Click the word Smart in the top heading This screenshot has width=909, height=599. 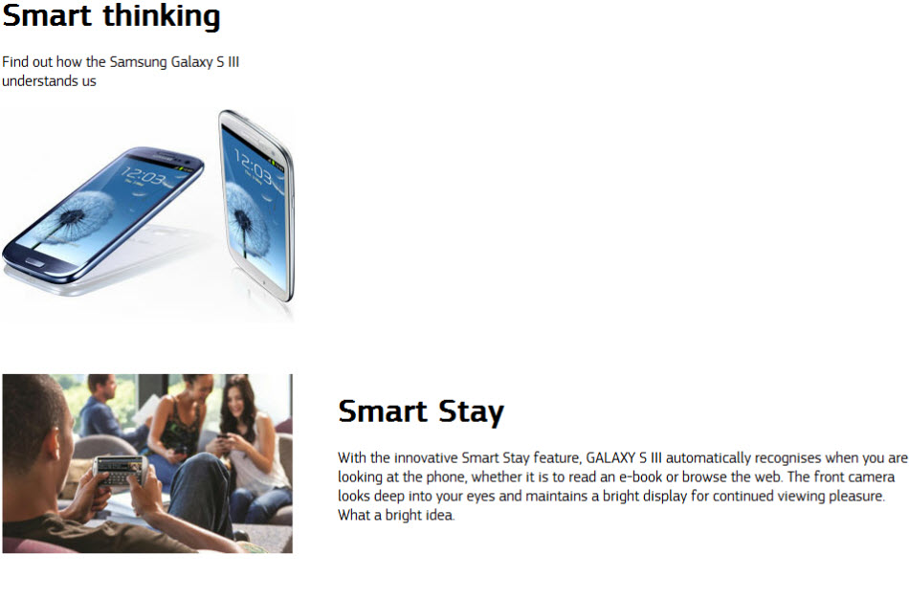click(x=47, y=15)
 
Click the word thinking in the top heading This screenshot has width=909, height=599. click(x=162, y=17)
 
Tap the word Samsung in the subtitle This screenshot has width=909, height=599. click(x=138, y=62)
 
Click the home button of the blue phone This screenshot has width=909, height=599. click(x=33, y=262)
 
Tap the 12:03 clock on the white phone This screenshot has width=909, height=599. click(x=253, y=165)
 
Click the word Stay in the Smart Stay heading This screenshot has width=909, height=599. click(x=471, y=412)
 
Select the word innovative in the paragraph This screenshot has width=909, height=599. click(x=426, y=458)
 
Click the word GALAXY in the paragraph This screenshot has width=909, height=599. click(x=610, y=458)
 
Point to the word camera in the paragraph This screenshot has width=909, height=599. click(x=870, y=477)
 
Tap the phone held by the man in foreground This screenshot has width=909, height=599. click(x=120, y=470)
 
